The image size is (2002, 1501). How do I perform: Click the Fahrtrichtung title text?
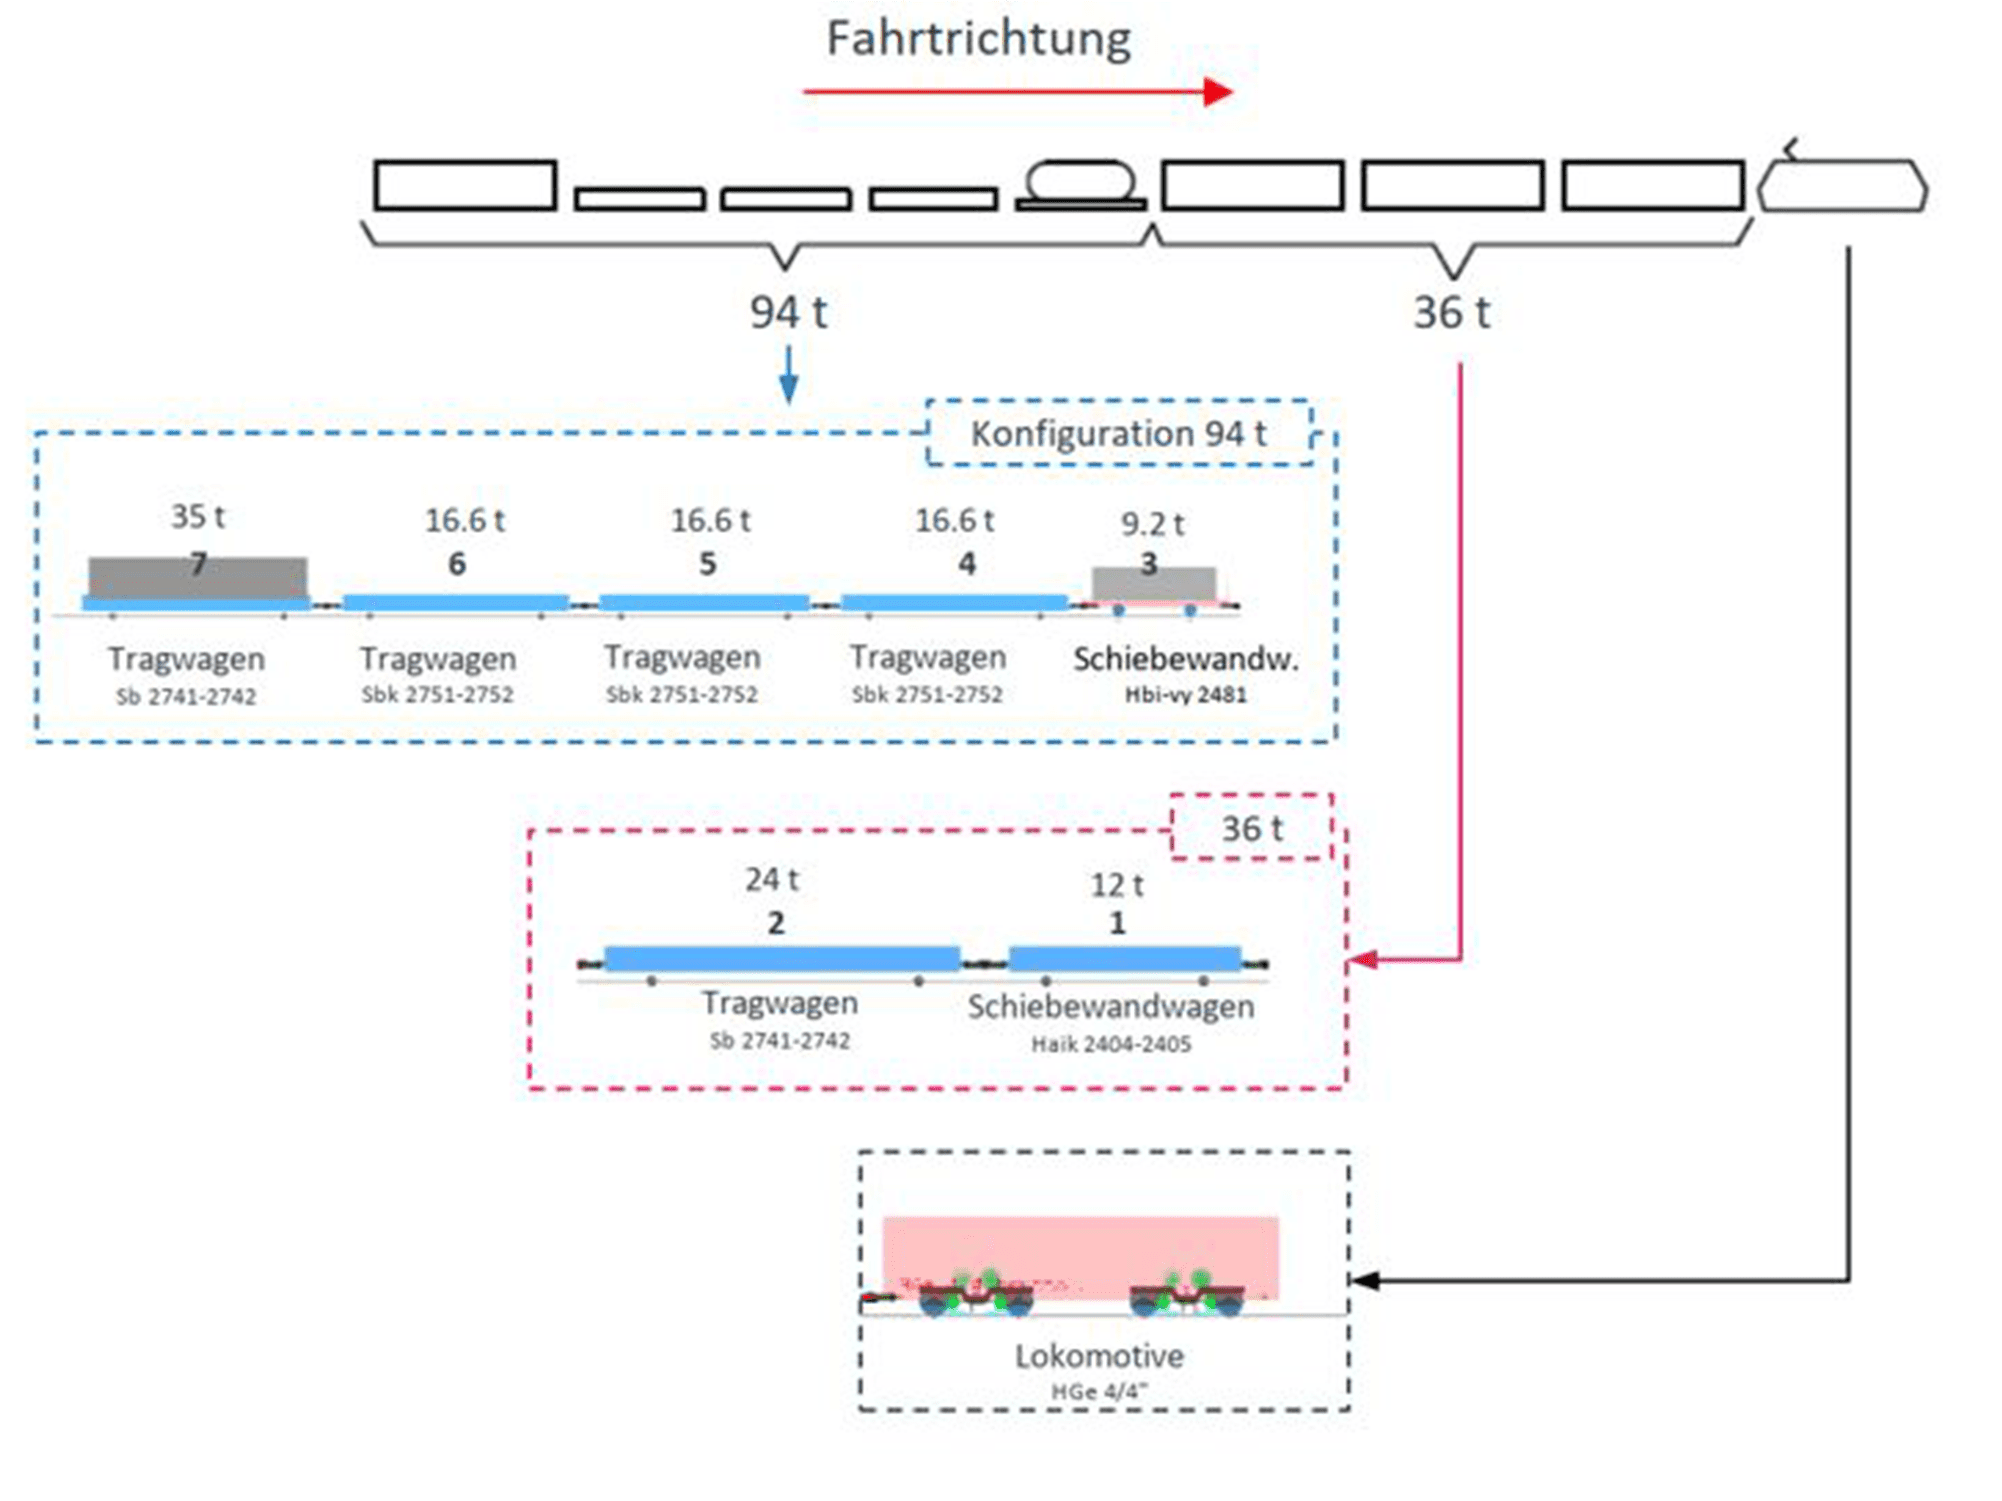[978, 40]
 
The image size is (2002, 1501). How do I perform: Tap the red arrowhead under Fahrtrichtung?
[1218, 92]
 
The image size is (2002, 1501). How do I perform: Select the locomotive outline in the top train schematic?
[1842, 186]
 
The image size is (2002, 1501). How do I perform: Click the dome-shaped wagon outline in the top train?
[1081, 183]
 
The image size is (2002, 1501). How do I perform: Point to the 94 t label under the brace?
[788, 313]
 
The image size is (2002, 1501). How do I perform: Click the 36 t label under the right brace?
[1451, 313]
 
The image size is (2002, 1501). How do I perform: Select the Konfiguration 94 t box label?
[1118, 434]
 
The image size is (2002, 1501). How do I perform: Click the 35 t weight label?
[198, 517]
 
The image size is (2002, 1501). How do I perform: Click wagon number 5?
[707, 564]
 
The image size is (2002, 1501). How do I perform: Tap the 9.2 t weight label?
[1152, 524]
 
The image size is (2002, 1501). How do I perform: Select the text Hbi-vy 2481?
[1185, 695]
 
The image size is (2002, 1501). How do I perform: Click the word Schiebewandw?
[1185, 659]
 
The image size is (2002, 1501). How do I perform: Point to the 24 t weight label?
[771, 880]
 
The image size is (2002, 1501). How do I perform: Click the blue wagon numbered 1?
[1125, 959]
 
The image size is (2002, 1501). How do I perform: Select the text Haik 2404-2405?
[1111, 1045]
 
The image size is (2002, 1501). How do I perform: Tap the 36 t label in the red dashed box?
[1252, 829]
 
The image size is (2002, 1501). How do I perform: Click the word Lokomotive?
[1099, 1357]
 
